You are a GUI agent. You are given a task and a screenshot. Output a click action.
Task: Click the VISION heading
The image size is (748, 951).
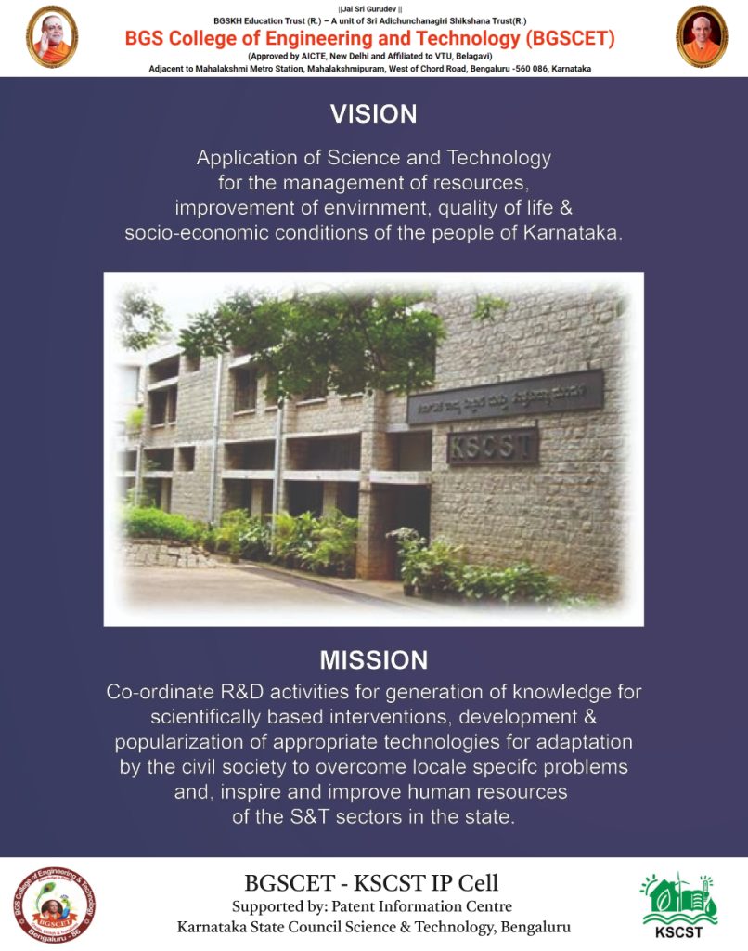(373, 114)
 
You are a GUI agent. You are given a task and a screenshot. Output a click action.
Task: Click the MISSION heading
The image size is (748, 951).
(373, 660)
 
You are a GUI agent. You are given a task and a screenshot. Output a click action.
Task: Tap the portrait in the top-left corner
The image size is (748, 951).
(52, 36)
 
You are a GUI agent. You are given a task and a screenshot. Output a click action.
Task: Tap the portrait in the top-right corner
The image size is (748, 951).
(702, 36)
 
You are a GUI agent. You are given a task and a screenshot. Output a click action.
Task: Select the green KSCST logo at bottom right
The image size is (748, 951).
(679, 905)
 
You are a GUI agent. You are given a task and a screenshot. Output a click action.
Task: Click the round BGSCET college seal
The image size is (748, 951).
(55, 905)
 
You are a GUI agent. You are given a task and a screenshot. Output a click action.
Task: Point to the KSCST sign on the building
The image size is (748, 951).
(492, 447)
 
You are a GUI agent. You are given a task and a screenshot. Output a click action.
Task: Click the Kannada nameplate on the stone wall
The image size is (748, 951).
(505, 397)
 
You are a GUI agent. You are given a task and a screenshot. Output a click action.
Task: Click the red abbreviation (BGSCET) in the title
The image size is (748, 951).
(570, 39)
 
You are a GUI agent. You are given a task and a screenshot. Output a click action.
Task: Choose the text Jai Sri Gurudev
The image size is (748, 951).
(369, 9)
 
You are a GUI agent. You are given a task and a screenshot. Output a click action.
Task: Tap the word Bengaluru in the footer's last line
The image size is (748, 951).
(535, 928)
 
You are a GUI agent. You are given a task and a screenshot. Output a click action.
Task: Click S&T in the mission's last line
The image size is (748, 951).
(309, 817)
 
